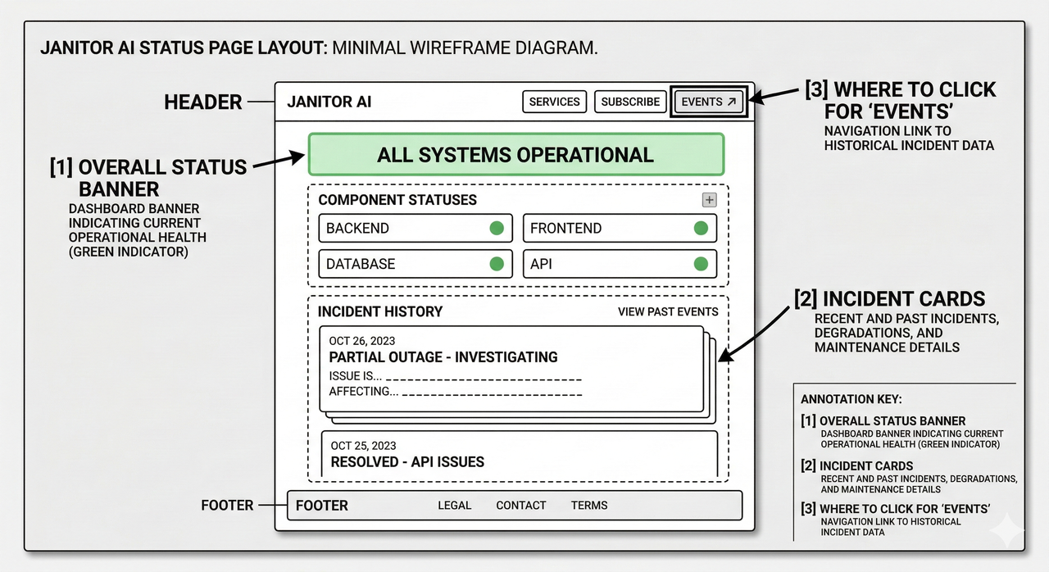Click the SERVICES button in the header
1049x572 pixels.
point(554,102)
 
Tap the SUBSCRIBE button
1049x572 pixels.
point(630,102)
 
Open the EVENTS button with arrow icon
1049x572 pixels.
point(708,102)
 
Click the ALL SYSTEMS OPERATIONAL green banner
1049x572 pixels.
point(515,155)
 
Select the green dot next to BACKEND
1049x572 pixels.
point(497,228)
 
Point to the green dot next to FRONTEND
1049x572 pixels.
point(701,228)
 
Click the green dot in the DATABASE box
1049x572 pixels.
point(497,264)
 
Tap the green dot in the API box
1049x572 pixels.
point(701,264)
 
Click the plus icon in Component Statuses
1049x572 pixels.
point(710,200)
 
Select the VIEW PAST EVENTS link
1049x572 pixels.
point(667,311)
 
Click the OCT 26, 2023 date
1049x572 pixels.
point(362,341)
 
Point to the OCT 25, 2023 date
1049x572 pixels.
point(363,446)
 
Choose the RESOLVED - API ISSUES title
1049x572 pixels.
point(407,462)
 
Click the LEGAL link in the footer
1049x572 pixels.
point(454,505)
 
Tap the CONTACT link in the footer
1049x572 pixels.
point(520,505)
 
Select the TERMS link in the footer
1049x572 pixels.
point(589,505)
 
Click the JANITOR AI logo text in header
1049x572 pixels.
point(329,102)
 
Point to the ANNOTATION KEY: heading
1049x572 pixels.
point(851,399)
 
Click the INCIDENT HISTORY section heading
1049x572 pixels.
point(379,311)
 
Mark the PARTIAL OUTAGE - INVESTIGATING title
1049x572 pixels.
point(443,357)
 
